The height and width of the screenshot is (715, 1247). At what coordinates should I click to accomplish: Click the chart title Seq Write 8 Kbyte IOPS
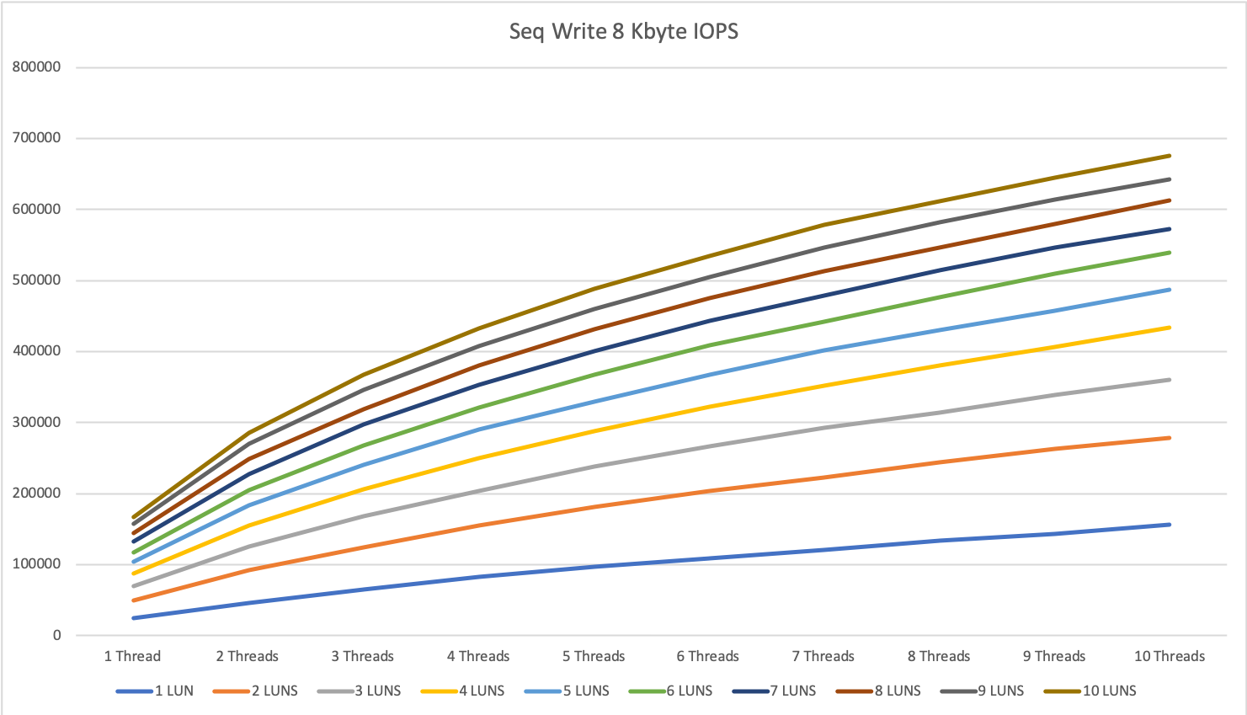tap(623, 32)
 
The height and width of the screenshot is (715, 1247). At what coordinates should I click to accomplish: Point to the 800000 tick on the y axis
tap(36, 67)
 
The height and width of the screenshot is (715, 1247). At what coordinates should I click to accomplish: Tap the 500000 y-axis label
tap(36, 280)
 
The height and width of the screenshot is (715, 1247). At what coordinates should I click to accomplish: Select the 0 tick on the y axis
tap(56, 636)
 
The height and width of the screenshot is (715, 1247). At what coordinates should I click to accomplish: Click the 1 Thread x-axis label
tap(132, 657)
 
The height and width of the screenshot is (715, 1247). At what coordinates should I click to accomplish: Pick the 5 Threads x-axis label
tap(594, 657)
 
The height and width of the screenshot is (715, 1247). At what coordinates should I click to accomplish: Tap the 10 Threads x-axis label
tap(1170, 657)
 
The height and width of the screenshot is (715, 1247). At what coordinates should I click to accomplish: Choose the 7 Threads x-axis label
tap(823, 657)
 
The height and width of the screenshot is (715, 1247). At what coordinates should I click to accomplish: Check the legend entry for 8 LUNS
tap(898, 691)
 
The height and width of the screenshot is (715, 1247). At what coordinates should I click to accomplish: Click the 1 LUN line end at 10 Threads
tap(1170, 525)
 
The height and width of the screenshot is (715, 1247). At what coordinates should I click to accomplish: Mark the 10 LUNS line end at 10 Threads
tap(1170, 156)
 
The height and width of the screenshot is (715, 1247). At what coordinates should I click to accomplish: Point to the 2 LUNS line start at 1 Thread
tap(134, 600)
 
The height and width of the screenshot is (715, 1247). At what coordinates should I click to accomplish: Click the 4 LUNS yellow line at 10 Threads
tap(1170, 328)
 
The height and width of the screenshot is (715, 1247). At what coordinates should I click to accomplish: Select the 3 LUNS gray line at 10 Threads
tap(1170, 380)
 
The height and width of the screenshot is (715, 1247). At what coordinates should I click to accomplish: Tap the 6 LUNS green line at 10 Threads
tap(1170, 253)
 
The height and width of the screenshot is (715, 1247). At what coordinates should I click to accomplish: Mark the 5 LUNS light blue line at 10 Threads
tap(1170, 290)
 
